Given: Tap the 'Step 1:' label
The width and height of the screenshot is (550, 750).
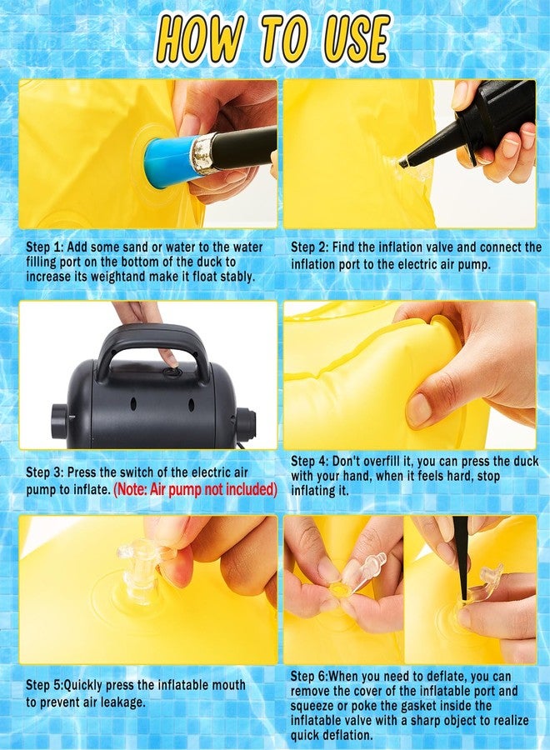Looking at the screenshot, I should (45, 247).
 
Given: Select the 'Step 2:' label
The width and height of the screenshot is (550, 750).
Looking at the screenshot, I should (310, 247).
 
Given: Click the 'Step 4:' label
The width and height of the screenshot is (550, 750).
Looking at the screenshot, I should (310, 461).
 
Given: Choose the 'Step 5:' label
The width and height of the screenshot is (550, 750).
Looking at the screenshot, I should (45, 684).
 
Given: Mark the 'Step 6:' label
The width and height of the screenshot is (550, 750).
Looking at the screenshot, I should (310, 676).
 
